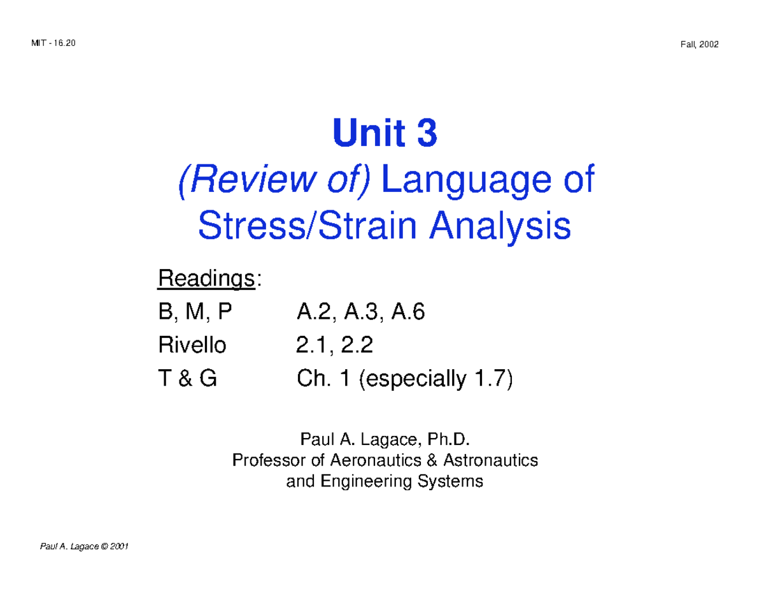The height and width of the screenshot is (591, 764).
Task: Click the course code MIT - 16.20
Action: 53,43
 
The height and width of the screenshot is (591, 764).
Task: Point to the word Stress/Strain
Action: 303,227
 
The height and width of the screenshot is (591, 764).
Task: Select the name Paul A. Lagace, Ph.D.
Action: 385,439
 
